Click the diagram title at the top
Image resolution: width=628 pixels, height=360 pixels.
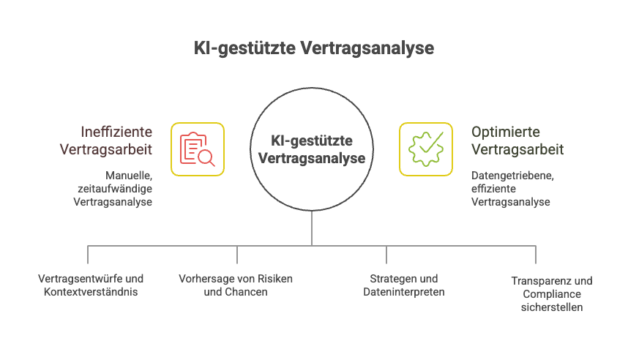(314, 48)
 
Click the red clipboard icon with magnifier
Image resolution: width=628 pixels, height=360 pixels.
(197, 149)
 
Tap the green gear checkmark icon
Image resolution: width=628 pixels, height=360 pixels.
(425, 149)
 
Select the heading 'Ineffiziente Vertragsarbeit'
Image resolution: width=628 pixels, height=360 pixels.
(117, 141)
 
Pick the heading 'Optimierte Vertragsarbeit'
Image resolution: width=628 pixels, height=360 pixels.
(517, 141)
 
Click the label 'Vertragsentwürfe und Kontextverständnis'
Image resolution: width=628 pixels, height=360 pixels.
(91, 285)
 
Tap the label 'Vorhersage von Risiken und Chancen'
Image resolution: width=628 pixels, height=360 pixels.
(236, 285)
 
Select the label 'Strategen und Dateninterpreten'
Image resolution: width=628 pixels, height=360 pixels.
(404, 285)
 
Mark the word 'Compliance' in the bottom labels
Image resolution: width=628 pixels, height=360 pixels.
(552, 294)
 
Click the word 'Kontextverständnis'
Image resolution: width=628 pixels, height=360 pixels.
(91, 292)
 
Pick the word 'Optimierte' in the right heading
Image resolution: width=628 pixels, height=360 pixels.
(506, 132)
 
